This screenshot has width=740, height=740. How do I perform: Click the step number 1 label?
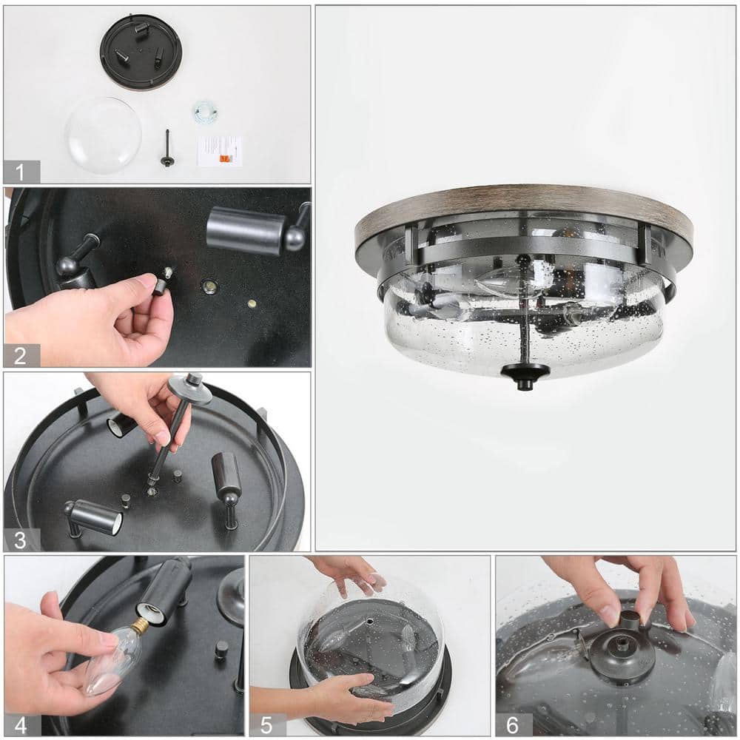pos(21,172)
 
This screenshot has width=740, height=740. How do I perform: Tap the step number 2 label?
pos(21,355)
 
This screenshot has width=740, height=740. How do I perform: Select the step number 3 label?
pos(21,539)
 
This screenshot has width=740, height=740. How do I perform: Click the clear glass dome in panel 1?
pos(103,135)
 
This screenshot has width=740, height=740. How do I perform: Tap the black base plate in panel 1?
pos(141,52)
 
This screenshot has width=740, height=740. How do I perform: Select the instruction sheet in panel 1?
pos(219,151)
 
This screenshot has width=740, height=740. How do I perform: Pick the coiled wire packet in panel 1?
pos(205,112)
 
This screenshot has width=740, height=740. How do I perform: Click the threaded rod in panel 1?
pos(167,148)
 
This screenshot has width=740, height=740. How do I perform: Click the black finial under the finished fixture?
pos(525,374)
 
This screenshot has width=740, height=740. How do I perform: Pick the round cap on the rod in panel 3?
pos(189,388)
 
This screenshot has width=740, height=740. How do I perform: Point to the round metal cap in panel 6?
pos(622,652)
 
